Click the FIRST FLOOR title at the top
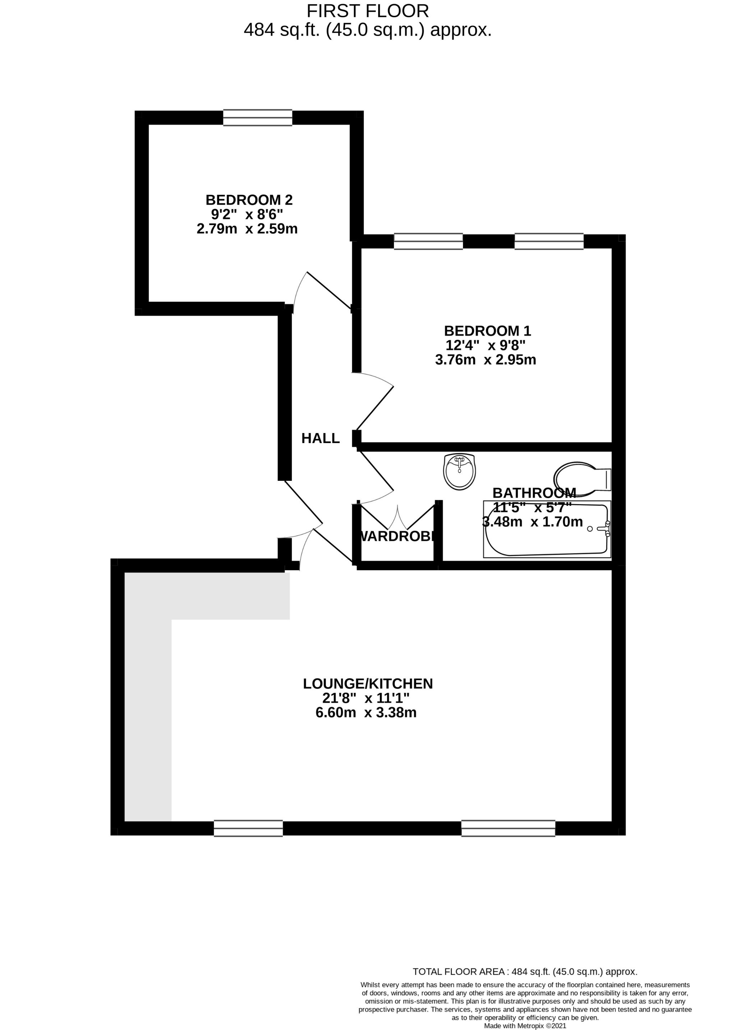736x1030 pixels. click(368, 10)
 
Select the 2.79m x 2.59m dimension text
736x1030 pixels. click(247, 229)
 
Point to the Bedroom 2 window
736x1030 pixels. click(257, 118)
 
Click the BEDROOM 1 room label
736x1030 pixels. click(487, 331)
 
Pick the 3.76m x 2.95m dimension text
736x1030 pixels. click(486, 360)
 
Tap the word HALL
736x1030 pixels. click(321, 438)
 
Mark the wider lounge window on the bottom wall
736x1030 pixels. click(508, 828)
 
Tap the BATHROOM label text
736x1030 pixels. click(534, 493)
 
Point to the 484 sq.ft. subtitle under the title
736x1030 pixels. click(368, 30)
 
